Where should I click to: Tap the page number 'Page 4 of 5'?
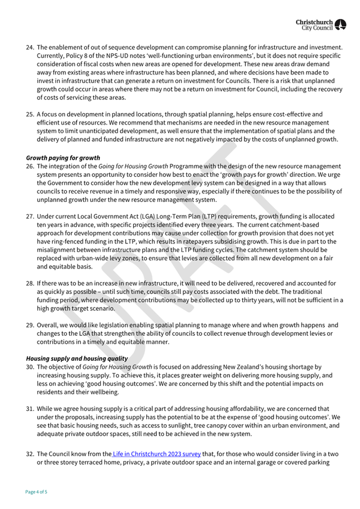[x=36, y=491]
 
